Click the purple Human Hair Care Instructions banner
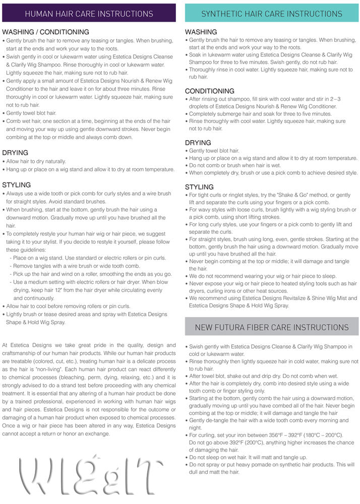[89, 13]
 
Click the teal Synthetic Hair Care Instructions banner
[271, 13]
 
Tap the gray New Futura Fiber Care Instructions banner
[271, 327]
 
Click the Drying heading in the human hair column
[15, 153]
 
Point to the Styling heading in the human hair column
[17, 185]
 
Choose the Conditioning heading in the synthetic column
[209, 91]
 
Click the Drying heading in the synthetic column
[198, 143]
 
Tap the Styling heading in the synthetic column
[199, 187]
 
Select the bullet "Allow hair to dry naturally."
[36, 161]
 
